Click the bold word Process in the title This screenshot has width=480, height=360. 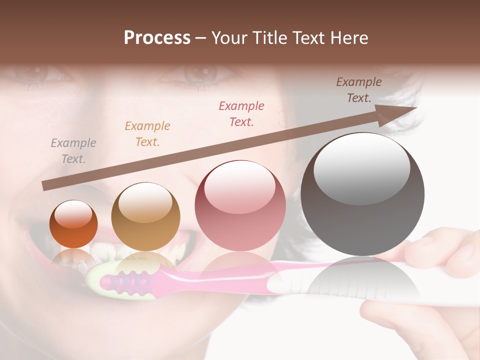pyautogui.click(x=157, y=38)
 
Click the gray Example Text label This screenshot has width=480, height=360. pyautogui.click(x=73, y=151)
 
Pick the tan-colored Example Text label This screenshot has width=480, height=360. pyautogui.click(x=147, y=134)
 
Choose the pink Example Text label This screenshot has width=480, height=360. pyautogui.click(x=241, y=113)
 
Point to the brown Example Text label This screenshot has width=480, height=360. pyautogui.click(x=359, y=90)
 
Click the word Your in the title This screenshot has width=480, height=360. pyautogui.click(x=227, y=38)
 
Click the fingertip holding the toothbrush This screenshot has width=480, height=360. pyautogui.click(x=425, y=250)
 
